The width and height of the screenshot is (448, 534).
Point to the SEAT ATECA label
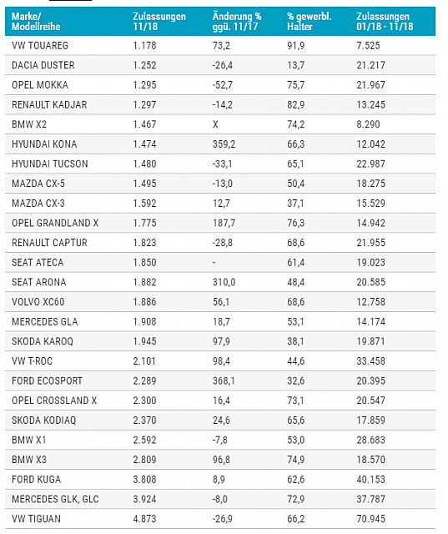coord(38,262)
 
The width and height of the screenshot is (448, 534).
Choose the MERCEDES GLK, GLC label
coord(55,498)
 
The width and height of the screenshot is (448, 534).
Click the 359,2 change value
coord(224,144)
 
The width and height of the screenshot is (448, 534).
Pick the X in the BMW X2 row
coord(215,123)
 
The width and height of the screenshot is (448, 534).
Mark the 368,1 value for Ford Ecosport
coord(224,380)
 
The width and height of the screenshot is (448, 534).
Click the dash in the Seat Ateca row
coord(214,262)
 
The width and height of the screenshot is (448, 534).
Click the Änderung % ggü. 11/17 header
coord(237,21)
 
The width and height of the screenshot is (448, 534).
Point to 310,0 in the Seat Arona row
coord(224,282)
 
